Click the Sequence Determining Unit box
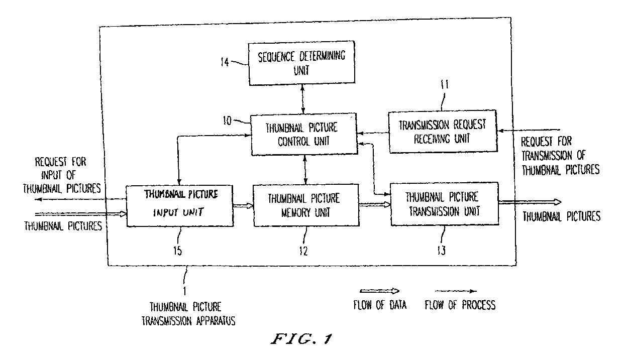(302, 63)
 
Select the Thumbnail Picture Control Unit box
(304, 134)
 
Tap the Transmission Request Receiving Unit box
(443, 132)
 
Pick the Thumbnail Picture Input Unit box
(180, 205)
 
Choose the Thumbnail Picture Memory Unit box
(306, 205)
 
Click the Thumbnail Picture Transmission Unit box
(445, 204)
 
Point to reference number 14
(225, 62)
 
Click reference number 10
(227, 121)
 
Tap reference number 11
(445, 84)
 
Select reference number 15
(177, 251)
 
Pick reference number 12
(303, 251)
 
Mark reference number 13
(442, 251)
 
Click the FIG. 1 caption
(302, 339)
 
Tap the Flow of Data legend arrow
(379, 291)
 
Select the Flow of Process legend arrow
(456, 291)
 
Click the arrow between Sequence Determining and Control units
(302, 99)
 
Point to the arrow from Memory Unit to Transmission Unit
(375, 205)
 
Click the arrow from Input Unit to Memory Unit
(243, 206)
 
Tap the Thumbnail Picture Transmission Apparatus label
(188, 314)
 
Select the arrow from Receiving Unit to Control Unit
(373, 133)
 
